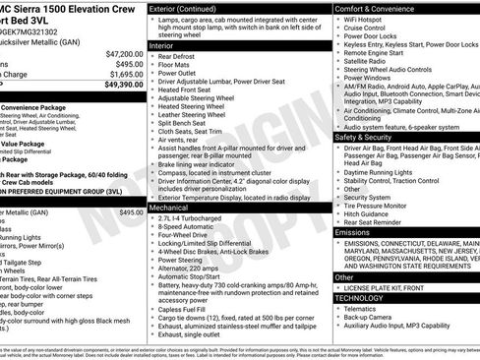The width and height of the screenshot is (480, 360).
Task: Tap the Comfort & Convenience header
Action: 378,8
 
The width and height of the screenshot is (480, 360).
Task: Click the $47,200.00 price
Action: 124,54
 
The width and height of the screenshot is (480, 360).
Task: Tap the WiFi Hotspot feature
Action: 366,21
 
